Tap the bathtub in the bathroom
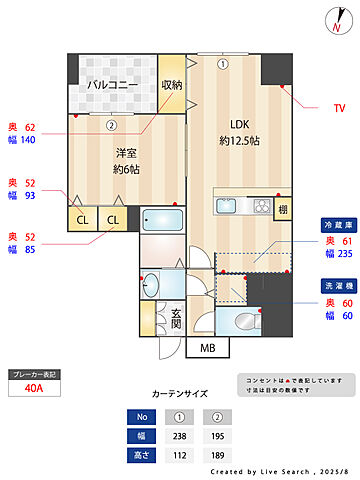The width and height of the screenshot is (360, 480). [161, 220]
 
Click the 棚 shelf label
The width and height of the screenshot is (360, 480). [283, 208]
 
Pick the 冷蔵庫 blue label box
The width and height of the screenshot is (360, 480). [337, 225]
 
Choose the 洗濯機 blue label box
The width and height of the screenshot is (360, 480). [337, 286]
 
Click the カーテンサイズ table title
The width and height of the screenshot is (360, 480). [179, 393]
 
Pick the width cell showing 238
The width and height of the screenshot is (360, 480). [180, 436]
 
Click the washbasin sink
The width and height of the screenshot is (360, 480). [153, 281]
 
